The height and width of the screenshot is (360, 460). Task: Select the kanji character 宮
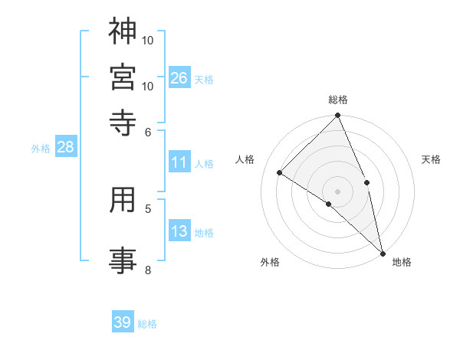coord(123,77)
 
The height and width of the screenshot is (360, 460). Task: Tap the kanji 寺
coord(123,122)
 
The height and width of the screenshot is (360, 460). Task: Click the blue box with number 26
coord(179,77)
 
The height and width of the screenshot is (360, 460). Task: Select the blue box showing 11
coord(179,162)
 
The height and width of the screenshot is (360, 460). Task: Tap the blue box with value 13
coord(179,232)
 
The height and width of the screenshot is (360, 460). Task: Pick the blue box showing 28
coord(65,148)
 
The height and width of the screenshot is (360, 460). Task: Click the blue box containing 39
coord(123,322)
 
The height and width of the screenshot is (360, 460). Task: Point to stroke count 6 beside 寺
coord(149,131)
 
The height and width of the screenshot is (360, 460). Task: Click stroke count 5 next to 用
coord(148,208)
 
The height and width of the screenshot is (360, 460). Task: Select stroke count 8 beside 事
coord(148,269)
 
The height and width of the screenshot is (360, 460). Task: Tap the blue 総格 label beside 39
coord(147,324)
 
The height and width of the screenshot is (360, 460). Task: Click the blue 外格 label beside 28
coord(40,149)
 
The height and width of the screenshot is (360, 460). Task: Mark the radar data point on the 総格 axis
coord(337,116)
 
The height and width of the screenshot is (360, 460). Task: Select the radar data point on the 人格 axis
coord(280,172)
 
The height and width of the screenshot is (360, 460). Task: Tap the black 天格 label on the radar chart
coord(431,159)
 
